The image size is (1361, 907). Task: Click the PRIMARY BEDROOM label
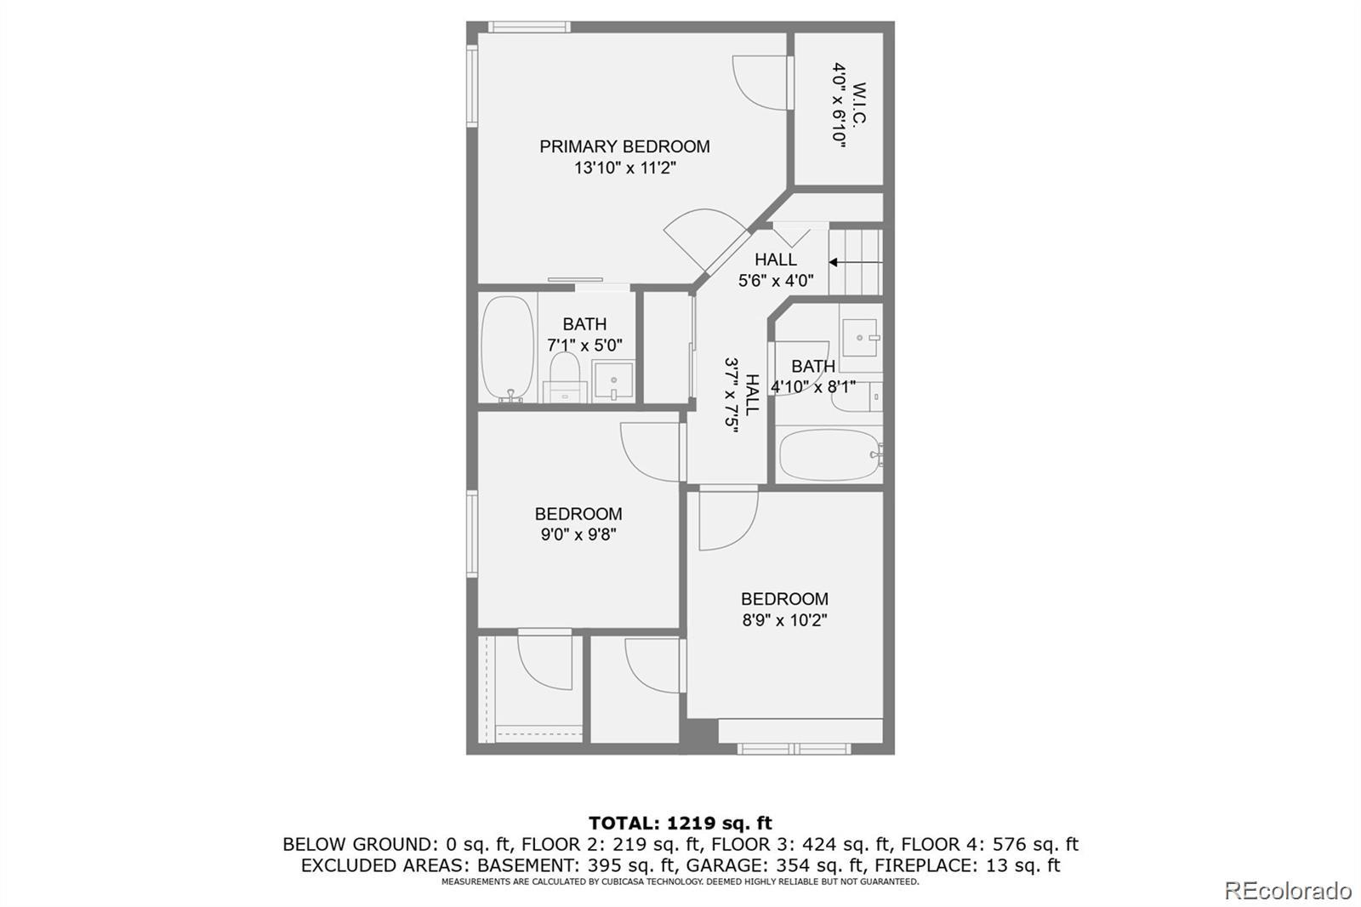coord(624,146)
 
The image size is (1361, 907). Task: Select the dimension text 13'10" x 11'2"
coord(625,168)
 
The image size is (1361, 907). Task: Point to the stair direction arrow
coord(856,263)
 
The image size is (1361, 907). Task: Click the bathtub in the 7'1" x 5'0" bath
coord(507,349)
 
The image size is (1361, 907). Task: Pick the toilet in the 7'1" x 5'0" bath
coord(565,377)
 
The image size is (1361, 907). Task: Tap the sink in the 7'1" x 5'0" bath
coord(613,380)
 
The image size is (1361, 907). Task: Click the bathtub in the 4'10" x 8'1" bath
coord(830,455)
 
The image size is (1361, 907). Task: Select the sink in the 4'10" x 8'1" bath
coord(860,338)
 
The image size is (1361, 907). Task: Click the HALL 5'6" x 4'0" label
coord(776,270)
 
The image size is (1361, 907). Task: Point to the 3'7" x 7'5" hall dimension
coord(732,395)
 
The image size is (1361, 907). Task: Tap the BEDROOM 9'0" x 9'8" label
coord(578,524)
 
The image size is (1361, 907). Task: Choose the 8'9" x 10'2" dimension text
coord(784,620)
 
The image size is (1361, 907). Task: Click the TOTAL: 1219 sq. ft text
coord(680,823)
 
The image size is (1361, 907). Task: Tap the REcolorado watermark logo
coord(1287,891)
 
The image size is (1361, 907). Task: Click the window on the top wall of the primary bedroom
coord(528,26)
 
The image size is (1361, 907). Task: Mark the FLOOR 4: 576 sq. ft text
coord(990,844)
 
